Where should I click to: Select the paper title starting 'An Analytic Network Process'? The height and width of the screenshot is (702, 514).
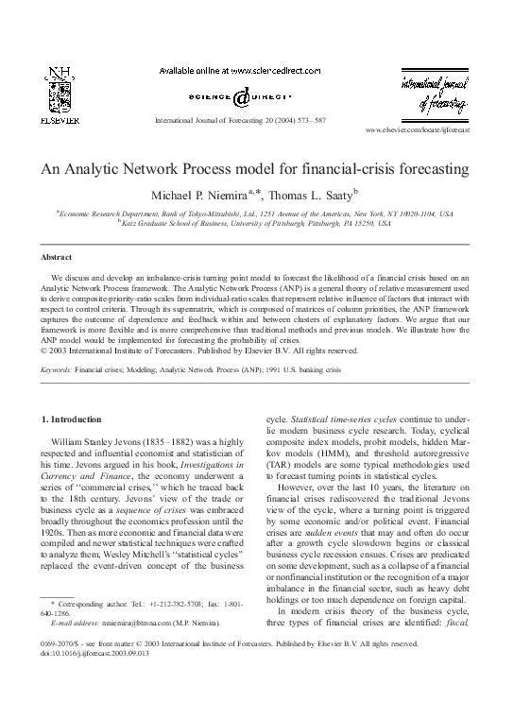click(255, 171)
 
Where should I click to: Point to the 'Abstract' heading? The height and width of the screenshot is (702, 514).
click(56, 256)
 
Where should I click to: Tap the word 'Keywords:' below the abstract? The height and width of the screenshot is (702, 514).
click(58, 385)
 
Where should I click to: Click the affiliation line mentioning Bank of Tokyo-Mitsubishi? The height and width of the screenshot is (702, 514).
click(255, 214)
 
